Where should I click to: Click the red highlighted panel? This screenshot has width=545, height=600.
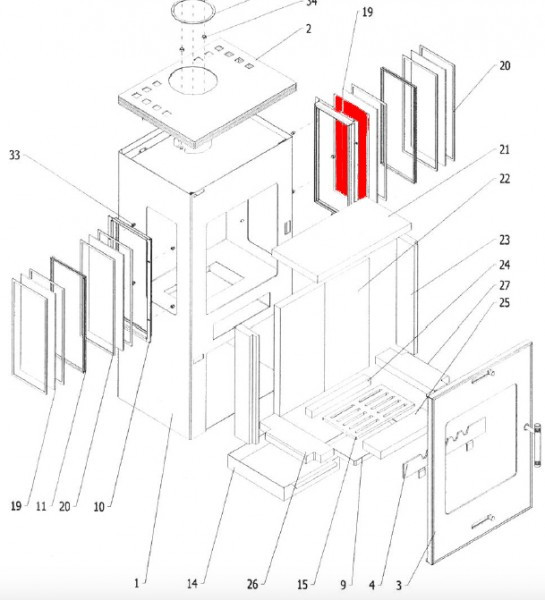[352, 149]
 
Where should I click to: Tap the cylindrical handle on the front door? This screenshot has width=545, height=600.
[537, 445]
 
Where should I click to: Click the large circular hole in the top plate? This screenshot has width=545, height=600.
[193, 79]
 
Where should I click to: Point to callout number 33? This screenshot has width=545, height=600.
[15, 155]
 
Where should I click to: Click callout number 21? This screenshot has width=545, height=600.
[505, 150]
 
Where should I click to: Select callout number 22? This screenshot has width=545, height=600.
[505, 178]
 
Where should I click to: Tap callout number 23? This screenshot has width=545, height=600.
[505, 240]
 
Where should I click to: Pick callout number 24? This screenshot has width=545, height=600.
[505, 265]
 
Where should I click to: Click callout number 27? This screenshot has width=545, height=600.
[505, 285]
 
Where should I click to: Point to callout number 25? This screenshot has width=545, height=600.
[505, 303]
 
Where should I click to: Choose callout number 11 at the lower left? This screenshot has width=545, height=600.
[41, 507]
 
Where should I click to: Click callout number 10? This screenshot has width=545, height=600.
[99, 507]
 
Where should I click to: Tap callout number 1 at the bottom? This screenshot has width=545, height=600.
[137, 583]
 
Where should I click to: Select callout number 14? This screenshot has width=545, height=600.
[193, 584]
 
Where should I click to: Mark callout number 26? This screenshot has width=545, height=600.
[253, 584]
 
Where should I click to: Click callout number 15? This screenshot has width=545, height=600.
[302, 585]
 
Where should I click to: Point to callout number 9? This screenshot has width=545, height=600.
[343, 585]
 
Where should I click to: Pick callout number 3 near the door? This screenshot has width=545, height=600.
[399, 585]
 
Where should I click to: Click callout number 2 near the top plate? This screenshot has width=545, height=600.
[308, 29]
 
